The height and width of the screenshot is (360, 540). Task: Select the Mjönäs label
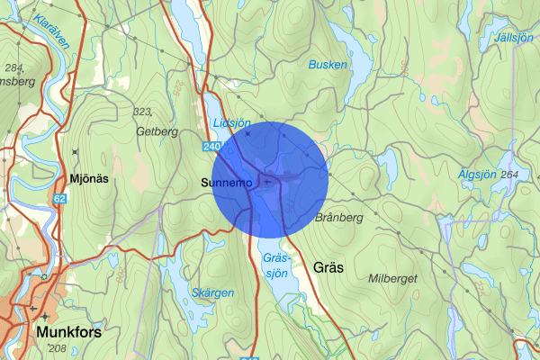[89, 178]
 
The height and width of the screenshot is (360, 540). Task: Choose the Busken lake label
[328, 65]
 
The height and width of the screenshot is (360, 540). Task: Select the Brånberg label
[339, 218]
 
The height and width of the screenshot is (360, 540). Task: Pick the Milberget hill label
[392, 279]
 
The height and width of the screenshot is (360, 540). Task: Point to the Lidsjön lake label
[230, 122]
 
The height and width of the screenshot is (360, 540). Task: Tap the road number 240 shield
[211, 146]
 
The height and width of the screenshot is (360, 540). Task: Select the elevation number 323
[140, 111]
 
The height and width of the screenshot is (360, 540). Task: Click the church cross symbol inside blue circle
[267, 182]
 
